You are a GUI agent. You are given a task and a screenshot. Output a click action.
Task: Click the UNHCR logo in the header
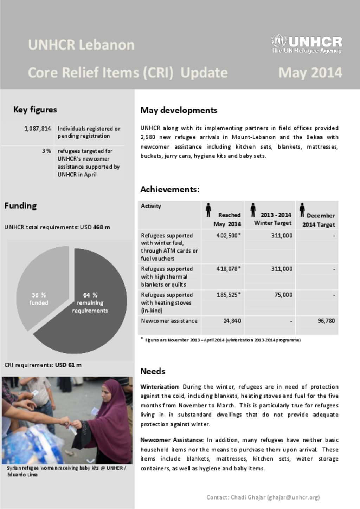pyautogui.click(x=306, y=44)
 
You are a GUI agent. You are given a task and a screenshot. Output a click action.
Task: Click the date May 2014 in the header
pyautogui.click(x=310, y=73)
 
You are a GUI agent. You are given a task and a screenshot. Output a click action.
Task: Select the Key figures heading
pyautogui.click(x=35, y=110)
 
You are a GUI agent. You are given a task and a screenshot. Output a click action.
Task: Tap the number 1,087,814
pyautogui.click(x=38, y=129)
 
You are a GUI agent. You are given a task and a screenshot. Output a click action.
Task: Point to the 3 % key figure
pyautogui.click(x=46, y=151)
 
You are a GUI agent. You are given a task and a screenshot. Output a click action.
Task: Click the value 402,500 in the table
pyautogui.click(x=228, y=235)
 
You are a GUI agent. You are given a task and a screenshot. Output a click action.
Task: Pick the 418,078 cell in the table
pyautogui.click(x=228, y=269)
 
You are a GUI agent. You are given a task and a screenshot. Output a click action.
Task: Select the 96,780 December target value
pyautogui.click(x=326, y=321)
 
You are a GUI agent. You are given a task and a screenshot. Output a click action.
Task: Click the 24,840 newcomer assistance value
pyautogui.click(x=232, y=321)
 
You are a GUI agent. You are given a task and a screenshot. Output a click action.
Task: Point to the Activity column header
pyautogui.click(x=151, y=206)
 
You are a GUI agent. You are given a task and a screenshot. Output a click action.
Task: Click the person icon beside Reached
pyautogui.click(x=208, y=210)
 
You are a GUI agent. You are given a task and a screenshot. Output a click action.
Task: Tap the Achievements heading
pyautogui.click(x=170, y=189)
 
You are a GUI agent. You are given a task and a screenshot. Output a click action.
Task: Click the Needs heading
pyautogui.click(x=153, y=371)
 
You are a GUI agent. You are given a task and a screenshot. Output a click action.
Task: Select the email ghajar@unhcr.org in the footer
pyautogui.click(x=293, y=497)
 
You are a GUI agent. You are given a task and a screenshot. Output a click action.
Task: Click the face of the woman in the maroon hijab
pyautogui.click(x=108, y=390)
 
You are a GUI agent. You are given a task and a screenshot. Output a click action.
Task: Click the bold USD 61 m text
pyautogui.click(x=68, y=365)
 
